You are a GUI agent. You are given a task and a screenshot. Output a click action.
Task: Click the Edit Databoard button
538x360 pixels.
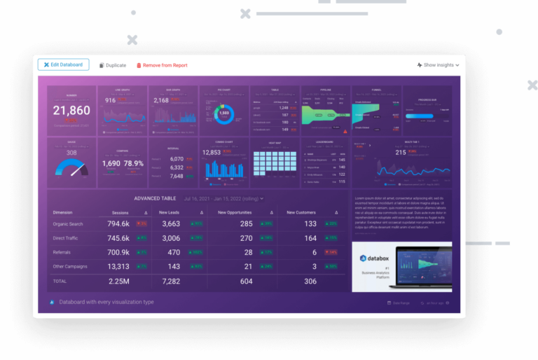(63, 64)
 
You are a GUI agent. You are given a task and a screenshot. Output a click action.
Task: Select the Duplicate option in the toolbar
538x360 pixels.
(113, 65)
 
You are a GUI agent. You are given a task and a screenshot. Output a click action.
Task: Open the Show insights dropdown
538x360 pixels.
(438, 65)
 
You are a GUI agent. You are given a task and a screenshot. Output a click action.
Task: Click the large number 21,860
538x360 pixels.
(71, 111)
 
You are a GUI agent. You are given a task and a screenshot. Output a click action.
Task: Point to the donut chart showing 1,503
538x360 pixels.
(224, 113)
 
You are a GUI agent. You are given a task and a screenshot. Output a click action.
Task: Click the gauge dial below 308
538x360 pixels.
(72, 168)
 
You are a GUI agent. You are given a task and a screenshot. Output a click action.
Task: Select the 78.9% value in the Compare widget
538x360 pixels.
(134, 164)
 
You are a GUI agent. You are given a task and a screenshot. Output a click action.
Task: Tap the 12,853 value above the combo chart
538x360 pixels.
(212, 153)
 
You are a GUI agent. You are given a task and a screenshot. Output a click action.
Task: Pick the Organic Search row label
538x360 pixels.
(68, 224)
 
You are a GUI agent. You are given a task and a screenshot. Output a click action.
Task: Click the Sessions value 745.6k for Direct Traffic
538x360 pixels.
(118, 238)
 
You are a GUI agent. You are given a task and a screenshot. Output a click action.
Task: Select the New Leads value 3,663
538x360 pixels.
(171, 224)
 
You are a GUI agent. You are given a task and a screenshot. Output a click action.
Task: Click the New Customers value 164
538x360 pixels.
(310, 238)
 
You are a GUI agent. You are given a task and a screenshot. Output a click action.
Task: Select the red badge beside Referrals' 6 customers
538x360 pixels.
(332, 252)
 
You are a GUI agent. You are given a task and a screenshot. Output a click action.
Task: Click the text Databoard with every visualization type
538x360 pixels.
(106, 302)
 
